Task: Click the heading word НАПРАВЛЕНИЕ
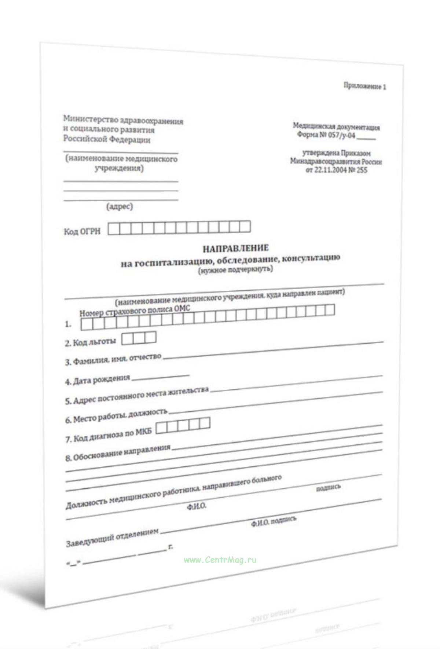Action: point(235,248)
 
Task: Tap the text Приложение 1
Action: point(364,86)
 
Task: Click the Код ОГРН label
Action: point(82,231)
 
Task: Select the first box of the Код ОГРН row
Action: point(114,229)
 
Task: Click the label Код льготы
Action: point(94,342)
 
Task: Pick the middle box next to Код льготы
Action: point(139,338)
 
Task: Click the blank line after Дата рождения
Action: point(161,376)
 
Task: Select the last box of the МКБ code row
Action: point(205,423)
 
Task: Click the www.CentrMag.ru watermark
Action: point(220,560)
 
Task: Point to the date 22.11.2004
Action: point(330,170)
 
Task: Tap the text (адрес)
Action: point(120,206)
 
